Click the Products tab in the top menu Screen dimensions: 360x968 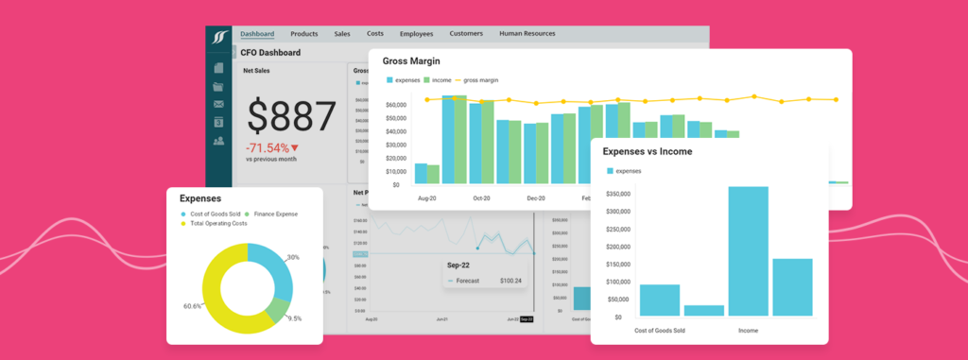304,34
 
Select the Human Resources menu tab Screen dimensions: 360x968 527,34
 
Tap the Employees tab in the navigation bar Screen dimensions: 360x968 416,34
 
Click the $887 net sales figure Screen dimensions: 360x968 292,116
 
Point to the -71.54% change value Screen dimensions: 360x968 268,147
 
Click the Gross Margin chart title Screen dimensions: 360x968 412,61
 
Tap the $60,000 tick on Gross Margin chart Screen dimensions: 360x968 396,105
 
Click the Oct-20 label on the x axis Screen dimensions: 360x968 482,198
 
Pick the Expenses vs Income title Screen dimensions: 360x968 647,151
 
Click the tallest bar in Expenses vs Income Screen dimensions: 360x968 748,250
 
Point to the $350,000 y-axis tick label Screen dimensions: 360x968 616,194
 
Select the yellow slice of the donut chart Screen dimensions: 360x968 220,302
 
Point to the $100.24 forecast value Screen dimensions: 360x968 510,281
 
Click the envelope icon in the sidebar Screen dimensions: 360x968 218,104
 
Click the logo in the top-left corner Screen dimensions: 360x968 219,37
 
